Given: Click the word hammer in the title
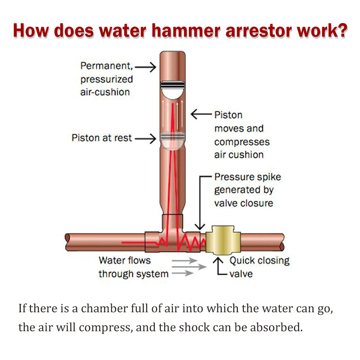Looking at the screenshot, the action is [x=186, y=31].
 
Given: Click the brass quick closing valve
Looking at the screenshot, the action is [x=223, y=240].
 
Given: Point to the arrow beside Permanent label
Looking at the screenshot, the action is [x=145, y=67].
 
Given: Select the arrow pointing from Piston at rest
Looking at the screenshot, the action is [x=145, y=139].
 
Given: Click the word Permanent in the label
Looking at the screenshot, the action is [x=107, y=66].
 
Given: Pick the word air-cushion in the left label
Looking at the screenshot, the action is [x=105, y=92].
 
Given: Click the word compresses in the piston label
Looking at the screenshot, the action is [x=242, y=142].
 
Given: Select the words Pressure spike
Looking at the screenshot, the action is [x=247, y=177].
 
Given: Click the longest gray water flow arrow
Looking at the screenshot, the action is [x=189, y=267].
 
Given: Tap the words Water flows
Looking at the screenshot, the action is [x=125, y=261].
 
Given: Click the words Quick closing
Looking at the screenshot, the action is [x=260, y=261].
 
